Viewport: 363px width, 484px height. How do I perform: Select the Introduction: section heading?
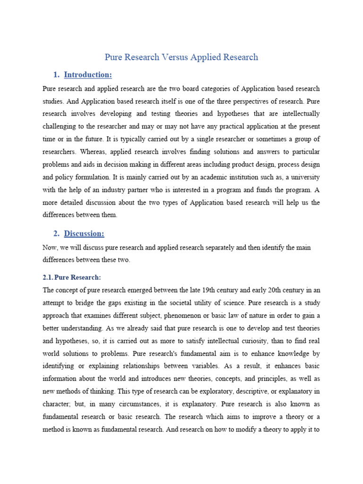pos(88,75)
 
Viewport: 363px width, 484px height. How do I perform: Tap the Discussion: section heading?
pos(84,233)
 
